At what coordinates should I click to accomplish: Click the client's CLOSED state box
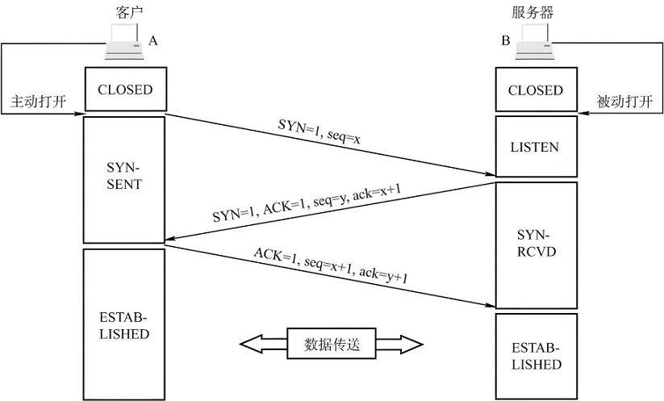pyautogui.click(x=125, y=90)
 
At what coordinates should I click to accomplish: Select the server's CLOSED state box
pyautogui.click(x=536, y=90)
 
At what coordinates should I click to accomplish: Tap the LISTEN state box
pyautogui.click(x=536, y=147)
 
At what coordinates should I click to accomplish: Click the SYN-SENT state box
pyautogui.click(x=125, y=178)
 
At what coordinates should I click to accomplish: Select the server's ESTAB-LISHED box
pyautogui.click(x=536, y=357)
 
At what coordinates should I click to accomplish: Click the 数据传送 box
pyautogui.click(x=332, y=345)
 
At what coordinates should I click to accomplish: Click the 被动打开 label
pyautogui.click(x=623, y=103)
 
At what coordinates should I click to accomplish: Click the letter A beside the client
pyautogui.click(x=153, y=40)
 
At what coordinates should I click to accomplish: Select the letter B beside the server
pyautogui.click(x=506, y=40)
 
